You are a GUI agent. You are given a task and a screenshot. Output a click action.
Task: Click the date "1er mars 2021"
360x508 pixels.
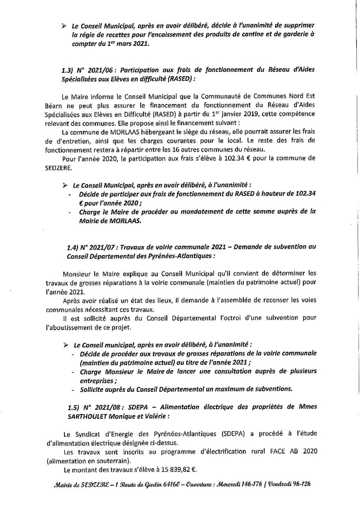pyautogui.click(x=127, y=45)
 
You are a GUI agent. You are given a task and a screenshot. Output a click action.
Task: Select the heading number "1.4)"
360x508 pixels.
pyautogui.click(x=75, y=247)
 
